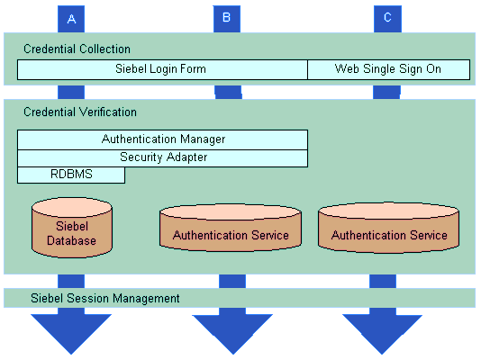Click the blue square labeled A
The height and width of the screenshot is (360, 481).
click(x=71, y=19)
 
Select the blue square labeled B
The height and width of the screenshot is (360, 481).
click(x=227, y=19)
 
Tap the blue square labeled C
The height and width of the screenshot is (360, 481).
click(x=387, y=19)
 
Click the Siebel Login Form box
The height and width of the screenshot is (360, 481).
click(x=162, y=69)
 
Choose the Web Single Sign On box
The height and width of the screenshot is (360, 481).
click(x=388, y=69)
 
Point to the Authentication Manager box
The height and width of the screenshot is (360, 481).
click(x=162, y=139)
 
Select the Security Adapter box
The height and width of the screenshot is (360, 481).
click(x=162, y=158)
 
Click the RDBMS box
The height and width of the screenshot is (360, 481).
click(x=71, y=175)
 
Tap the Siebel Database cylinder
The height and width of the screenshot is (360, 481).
click(x=72, y=228)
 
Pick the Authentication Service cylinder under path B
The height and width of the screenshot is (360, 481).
click(x=231, y=228)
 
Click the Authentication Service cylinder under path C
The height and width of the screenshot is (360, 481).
click(x=388, y=228)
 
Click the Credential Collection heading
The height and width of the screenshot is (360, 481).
click(x=77, y=49)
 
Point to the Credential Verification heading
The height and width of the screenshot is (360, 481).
click(x=80, y=112)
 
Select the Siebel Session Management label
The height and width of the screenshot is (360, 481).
click(x=105, y=299)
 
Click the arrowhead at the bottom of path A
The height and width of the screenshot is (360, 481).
click(x=71, y=334)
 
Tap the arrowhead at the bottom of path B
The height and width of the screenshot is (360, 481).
click(x=232, y=334)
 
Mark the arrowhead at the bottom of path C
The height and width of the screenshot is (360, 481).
click(x=382, y=334)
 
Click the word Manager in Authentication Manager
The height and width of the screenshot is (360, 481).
click(x=203, y=139)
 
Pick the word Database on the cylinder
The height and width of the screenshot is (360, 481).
click(x=71, y=241)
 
